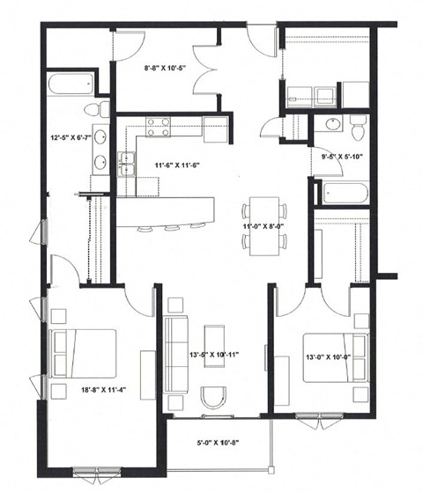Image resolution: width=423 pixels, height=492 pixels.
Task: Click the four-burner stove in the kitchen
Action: point(159,126)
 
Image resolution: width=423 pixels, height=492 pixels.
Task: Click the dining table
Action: point(265,224)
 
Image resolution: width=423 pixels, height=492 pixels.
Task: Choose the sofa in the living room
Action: point(178,356)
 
